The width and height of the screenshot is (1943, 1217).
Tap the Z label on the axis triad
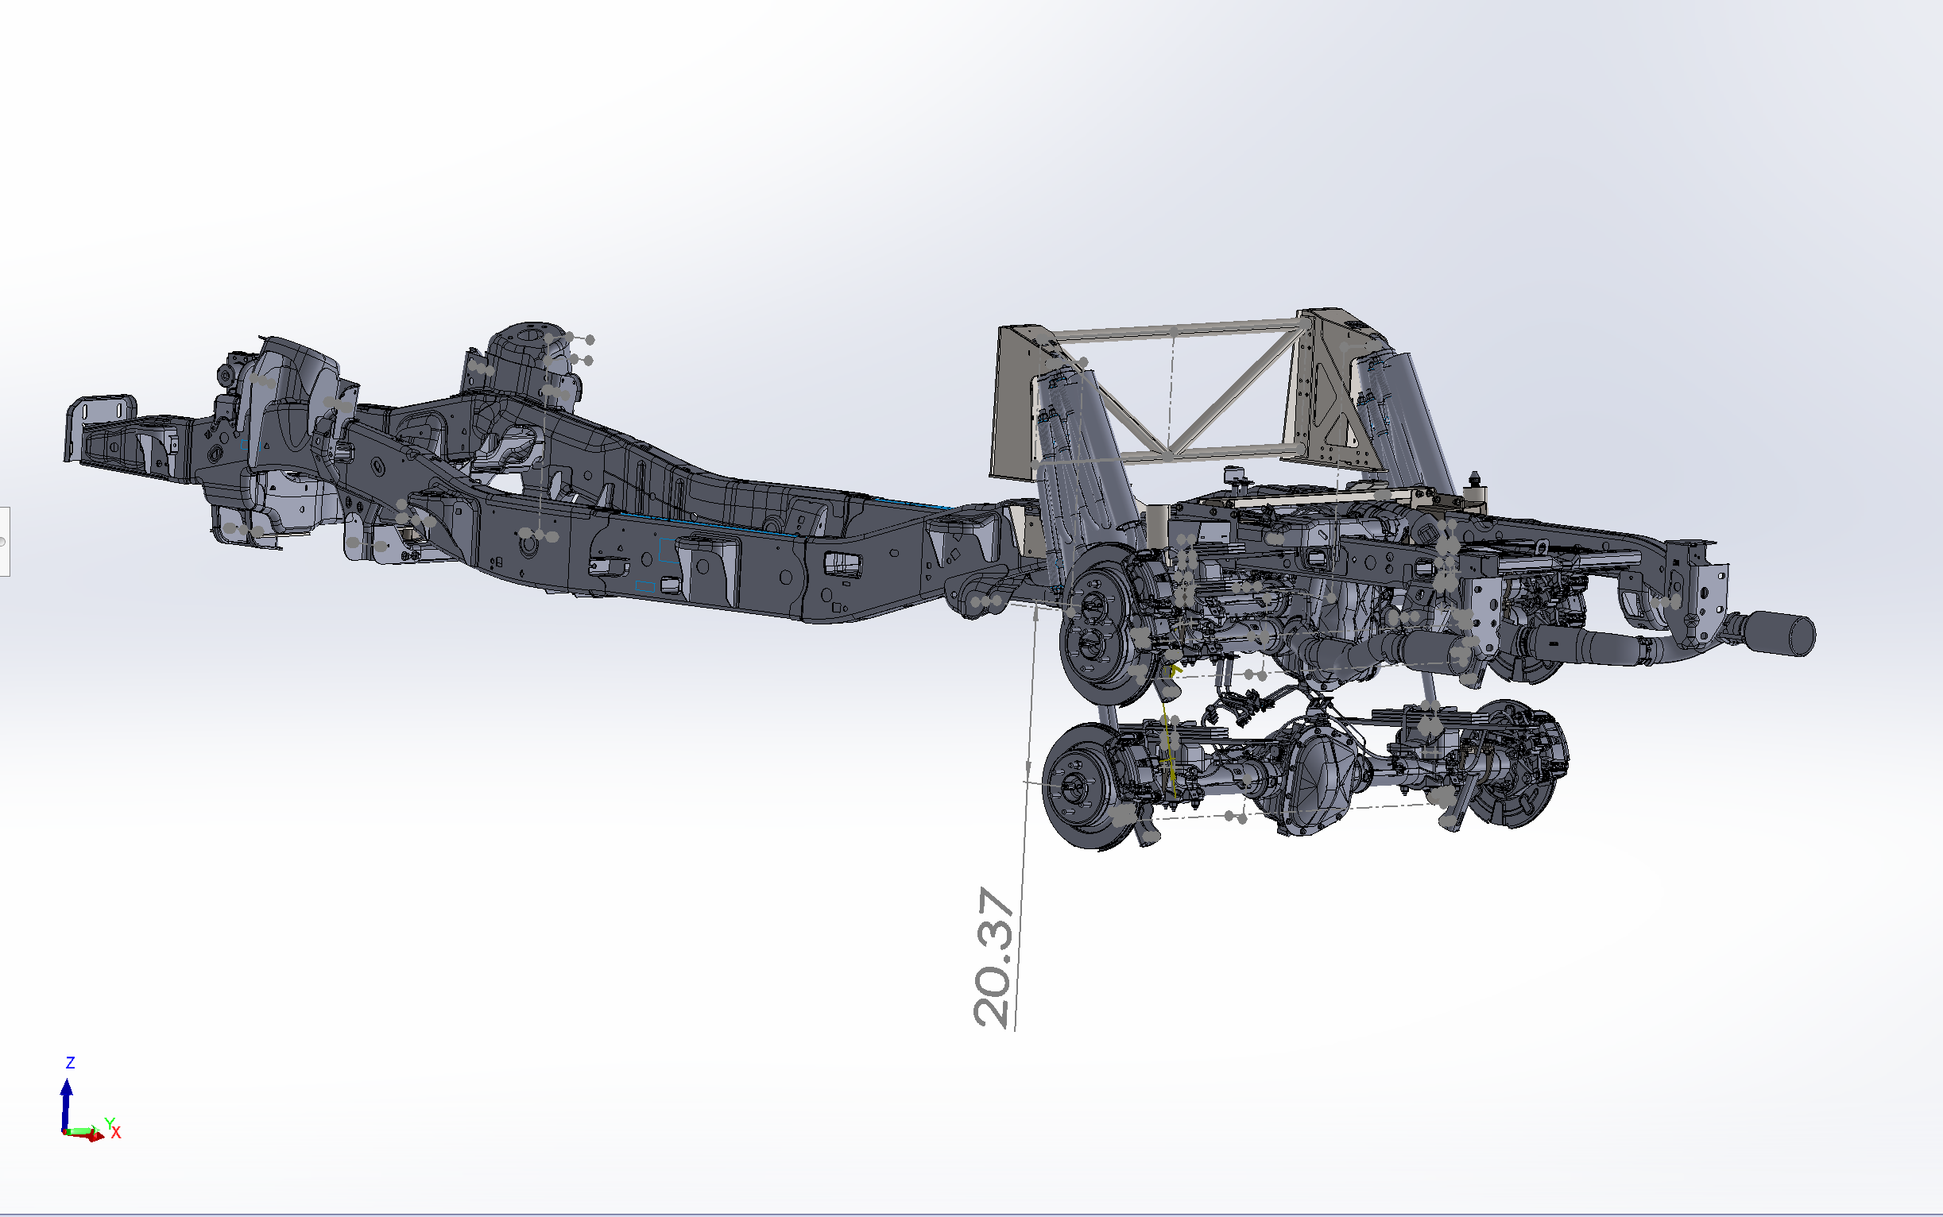[70, 1062]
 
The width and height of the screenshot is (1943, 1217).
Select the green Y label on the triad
[110, 1122]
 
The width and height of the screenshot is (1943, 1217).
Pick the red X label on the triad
[116, 1133]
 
